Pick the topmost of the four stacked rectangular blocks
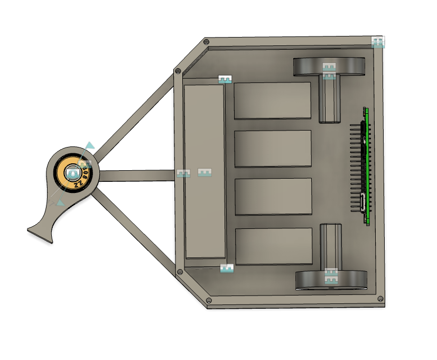(x=272, y=100)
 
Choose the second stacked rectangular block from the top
(x=272, y=149)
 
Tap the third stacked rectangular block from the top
(x=272, y=196)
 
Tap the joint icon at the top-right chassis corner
(x=378, y=42)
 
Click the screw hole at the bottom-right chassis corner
(x=379, y=299)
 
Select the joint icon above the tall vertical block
(x=226, y=79)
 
